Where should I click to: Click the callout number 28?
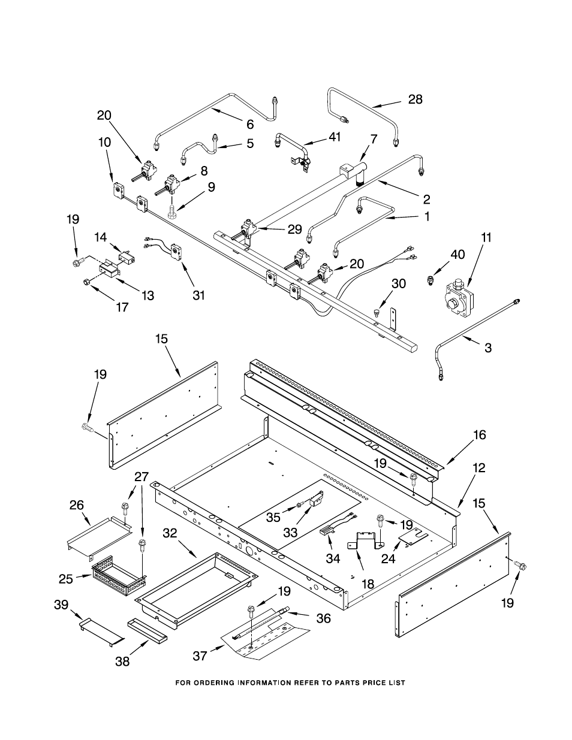click(416, 99)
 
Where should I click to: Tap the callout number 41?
click(333, 137)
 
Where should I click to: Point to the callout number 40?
click(457, 255)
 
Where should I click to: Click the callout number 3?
click(488, 347)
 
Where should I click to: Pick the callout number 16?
click(480, 435)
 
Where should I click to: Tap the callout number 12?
click(478, 468)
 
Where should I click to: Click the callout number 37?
click(200, 656)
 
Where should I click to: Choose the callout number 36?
click(323, 618)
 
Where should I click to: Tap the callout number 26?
click(77, 505)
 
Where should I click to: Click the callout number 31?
click(199, 295)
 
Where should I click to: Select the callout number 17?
click(122, 307)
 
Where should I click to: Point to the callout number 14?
click(100, 237)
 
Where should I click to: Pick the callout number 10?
click(105, 143)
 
